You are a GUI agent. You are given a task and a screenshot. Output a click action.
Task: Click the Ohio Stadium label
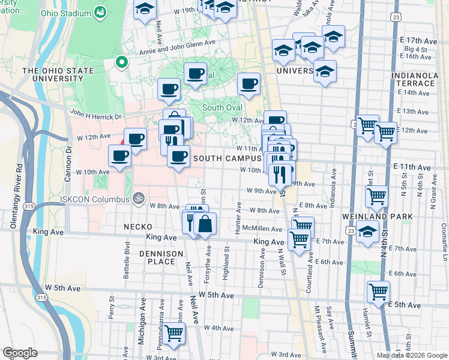[64, 13]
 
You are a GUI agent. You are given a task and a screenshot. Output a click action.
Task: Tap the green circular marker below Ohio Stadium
[122, 62]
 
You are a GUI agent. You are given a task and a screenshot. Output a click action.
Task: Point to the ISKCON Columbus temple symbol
[138, 198]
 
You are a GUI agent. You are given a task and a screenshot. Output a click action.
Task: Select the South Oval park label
[222, 107]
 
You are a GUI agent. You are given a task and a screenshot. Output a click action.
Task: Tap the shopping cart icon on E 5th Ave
[378, 292]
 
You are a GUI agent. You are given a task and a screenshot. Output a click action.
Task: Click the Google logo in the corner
[20, 353]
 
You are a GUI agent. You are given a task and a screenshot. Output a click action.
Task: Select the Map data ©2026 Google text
[411, 355]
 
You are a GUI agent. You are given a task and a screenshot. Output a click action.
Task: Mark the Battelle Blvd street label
[127, 256]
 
